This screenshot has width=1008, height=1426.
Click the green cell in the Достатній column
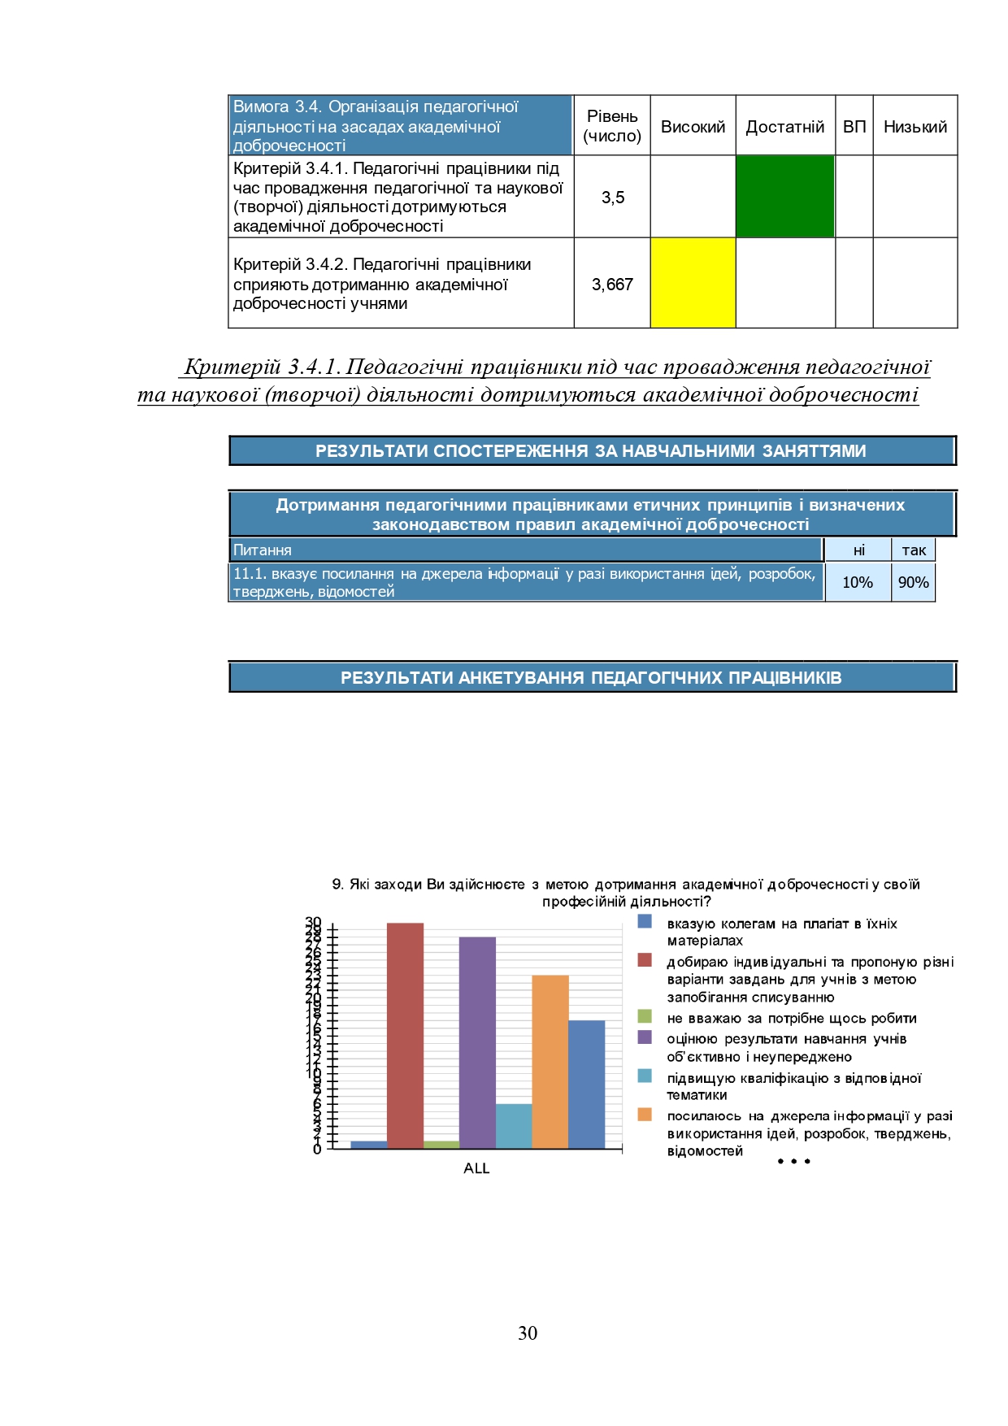click(x=784, y=197)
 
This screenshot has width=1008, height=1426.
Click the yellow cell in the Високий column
click(x=693, y=283)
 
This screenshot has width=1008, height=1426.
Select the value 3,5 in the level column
click(x=612, y=198)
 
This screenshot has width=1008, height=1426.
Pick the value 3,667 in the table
click(x=612, y=285)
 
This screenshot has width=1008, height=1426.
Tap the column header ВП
click(x=854, y=127)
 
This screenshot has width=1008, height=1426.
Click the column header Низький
click(x=915, y=127)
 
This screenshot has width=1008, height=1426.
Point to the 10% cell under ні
click(x=858, y=582)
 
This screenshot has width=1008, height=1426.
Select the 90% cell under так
click(x=913, y=582)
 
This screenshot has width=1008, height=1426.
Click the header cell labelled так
click(x=913, y=550)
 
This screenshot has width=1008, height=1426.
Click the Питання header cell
click(x=525, y=550)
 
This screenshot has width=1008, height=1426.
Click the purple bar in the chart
click(x=477, y=1042)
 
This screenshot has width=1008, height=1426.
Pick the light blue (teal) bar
click(x=514, y=1126)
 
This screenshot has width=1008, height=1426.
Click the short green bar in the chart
click(x=441, y=1145)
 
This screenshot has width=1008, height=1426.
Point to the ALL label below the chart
click(x=476, y=1168)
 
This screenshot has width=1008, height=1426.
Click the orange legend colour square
click(x=645, y=1115)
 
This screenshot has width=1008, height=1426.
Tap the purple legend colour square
click(x=645, y=1037)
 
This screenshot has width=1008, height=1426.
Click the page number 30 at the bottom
click(x=528, y=1333)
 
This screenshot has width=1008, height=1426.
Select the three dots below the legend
click(x=793, y=1161)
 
